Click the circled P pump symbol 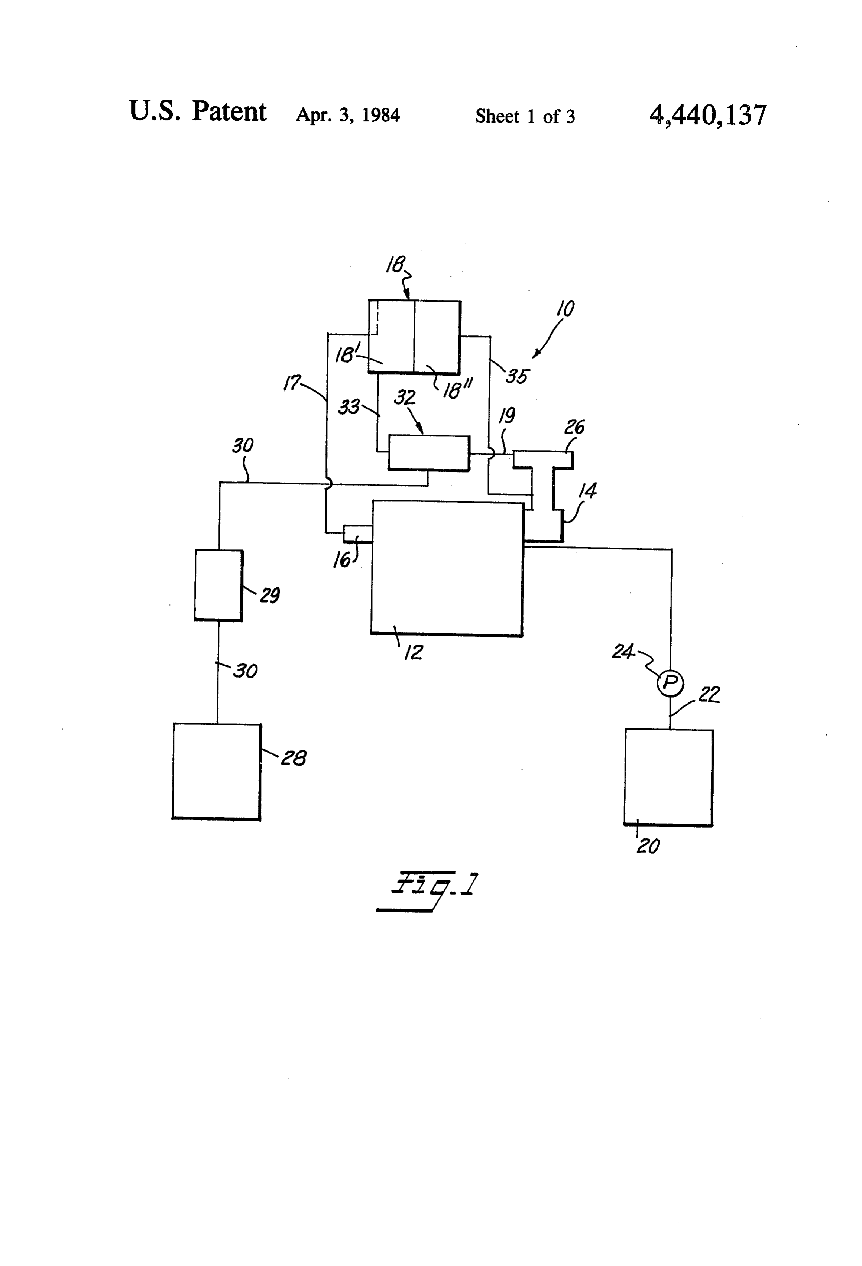pos(670,682)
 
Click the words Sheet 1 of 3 pos(525,116)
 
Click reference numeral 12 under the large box pos(413,652)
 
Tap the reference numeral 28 pos(294,758)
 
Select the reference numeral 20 pos(648,846)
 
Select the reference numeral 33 pos(349,406)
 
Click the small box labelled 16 pos(357,534)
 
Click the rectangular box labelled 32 pos(429,453)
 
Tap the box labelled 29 pos(218,585)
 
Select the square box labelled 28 pos(216,771)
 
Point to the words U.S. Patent pos(197,112)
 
